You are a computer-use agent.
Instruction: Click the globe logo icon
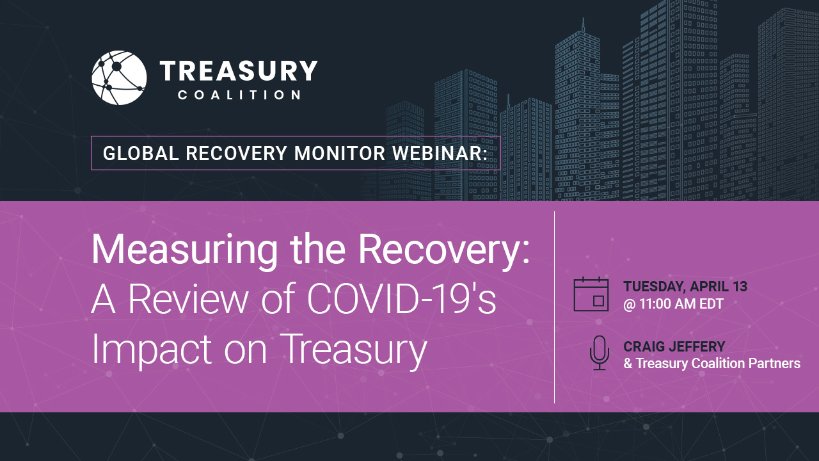pyautogui.click(x=119, y=78)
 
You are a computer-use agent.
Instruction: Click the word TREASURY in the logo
pyautogui.click(x=239, y=70)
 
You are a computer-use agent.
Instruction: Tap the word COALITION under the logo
pyautogui.click(x=239, y=95)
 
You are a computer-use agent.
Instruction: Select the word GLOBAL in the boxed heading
pyautogui.click(x=141, y=153)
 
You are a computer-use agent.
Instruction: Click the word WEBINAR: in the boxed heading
pyautogui.click(x=440, y=153)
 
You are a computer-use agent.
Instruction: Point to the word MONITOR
pyautogui.click(x=340, y=153)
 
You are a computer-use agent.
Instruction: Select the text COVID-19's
pyautogui.click(x=401, y=298)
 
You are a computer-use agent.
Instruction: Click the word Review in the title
pyautogui.click(x=188, y=298)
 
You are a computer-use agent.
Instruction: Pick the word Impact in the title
pyautogui.click(x=152, y=349)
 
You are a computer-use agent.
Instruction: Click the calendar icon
pyautogui.click(x=591, y=294)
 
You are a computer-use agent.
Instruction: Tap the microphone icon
pyautogui.click(x=600, y=353)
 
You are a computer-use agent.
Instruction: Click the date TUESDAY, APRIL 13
pyautogui.click(x=685, y=286)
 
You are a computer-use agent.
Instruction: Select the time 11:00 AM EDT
pyautogui.click(x=681, y=304)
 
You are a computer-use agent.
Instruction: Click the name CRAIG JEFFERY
pyautogui.click(x=674, y=346)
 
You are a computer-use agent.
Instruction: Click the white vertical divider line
pyautogui.click(x=554, y=307)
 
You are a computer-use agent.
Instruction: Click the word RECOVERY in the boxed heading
pyautogui.click(x=236, y=153)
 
